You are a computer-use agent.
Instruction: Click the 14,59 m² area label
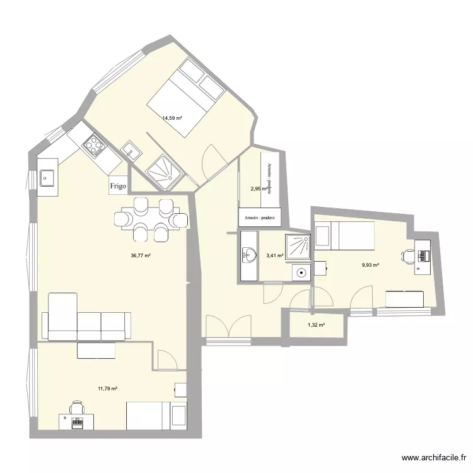coord(172,118)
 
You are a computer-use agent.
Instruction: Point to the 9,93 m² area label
coord(370,266)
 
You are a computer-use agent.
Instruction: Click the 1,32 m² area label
coord(316,325)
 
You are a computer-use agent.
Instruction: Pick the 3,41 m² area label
coord(275,255)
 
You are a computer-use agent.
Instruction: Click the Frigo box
coord(118,185)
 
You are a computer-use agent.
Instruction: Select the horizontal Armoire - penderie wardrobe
coord(260,218)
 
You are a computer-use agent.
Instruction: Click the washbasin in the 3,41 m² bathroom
coord(249,255)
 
